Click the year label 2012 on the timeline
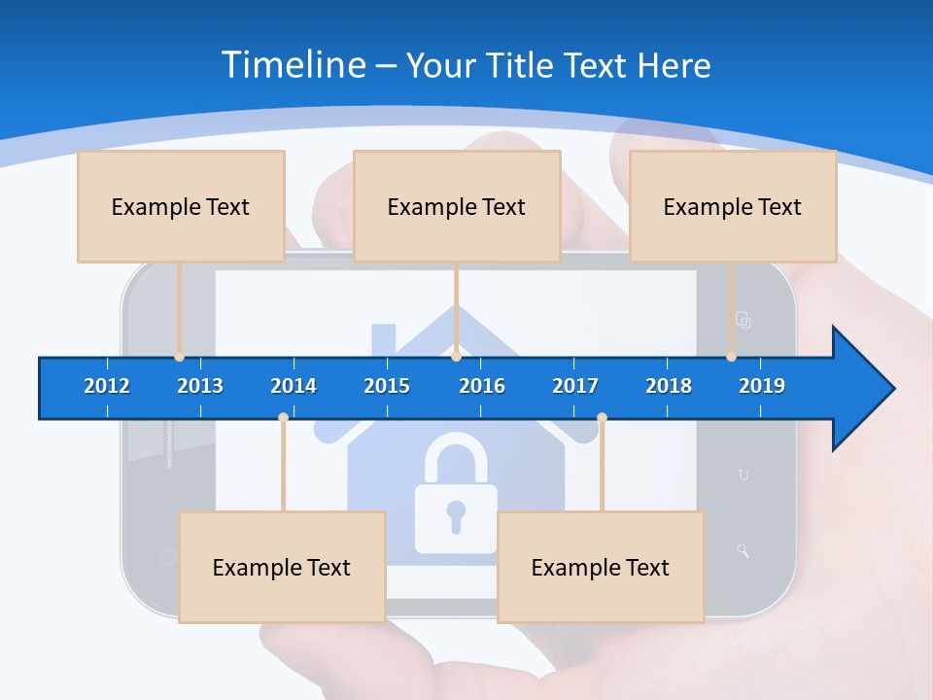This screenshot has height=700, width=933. click(107, 386)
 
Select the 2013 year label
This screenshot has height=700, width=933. click(200, 386)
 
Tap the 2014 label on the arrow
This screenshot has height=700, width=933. click(294, 386)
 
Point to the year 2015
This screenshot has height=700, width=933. click(387, 386)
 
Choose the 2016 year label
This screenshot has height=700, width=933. click(482, 386)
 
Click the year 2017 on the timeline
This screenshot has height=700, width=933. click(575, 386)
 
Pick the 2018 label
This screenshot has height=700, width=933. click(669, 386)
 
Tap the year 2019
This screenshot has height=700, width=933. click(762, 386)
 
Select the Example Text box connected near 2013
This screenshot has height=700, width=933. click(181, 206)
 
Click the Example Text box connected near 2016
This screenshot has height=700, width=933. click(457, 206)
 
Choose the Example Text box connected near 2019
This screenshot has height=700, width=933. click(733, 206)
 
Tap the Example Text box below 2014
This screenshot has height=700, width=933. click(282, 567)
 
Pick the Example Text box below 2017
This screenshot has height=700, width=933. click(601, 567)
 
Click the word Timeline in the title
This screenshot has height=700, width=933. click(293, 65)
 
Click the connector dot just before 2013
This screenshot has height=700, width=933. click(180, 357)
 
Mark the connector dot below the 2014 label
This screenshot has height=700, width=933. click(283, 417)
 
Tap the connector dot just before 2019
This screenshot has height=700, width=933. click(732, 357)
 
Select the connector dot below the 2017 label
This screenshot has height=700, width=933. click(602, 417)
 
